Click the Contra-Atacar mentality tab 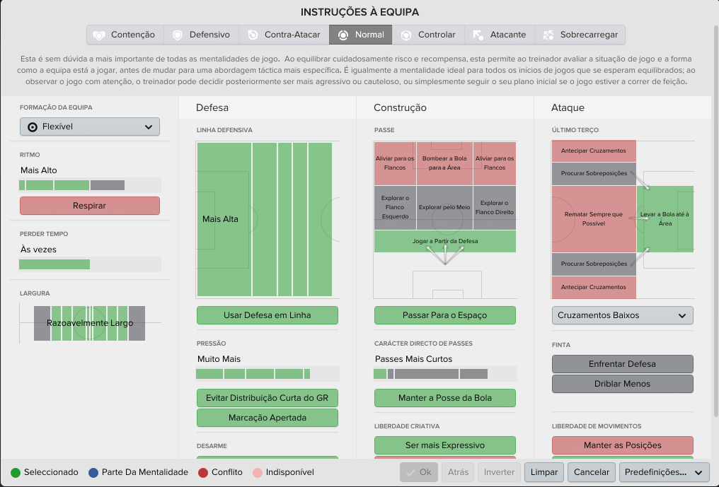click(284, 35)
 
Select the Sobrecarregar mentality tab click(580, 35)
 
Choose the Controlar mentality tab click(428, 35)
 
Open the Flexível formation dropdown click(90, 127)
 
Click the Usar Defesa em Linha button click(268, 315)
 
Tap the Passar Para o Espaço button click(445, 315)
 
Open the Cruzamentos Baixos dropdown click(622, 315)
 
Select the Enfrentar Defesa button click(622, 364)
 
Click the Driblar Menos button click(622, 384)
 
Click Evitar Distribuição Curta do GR click(268, 398)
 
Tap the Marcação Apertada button click(268, 418)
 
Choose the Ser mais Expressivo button click(445, 445)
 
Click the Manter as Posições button click(622, 445)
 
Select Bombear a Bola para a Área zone click(444, 163)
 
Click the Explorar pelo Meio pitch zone click(444, 208)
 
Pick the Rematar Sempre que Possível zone click(594, 219)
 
